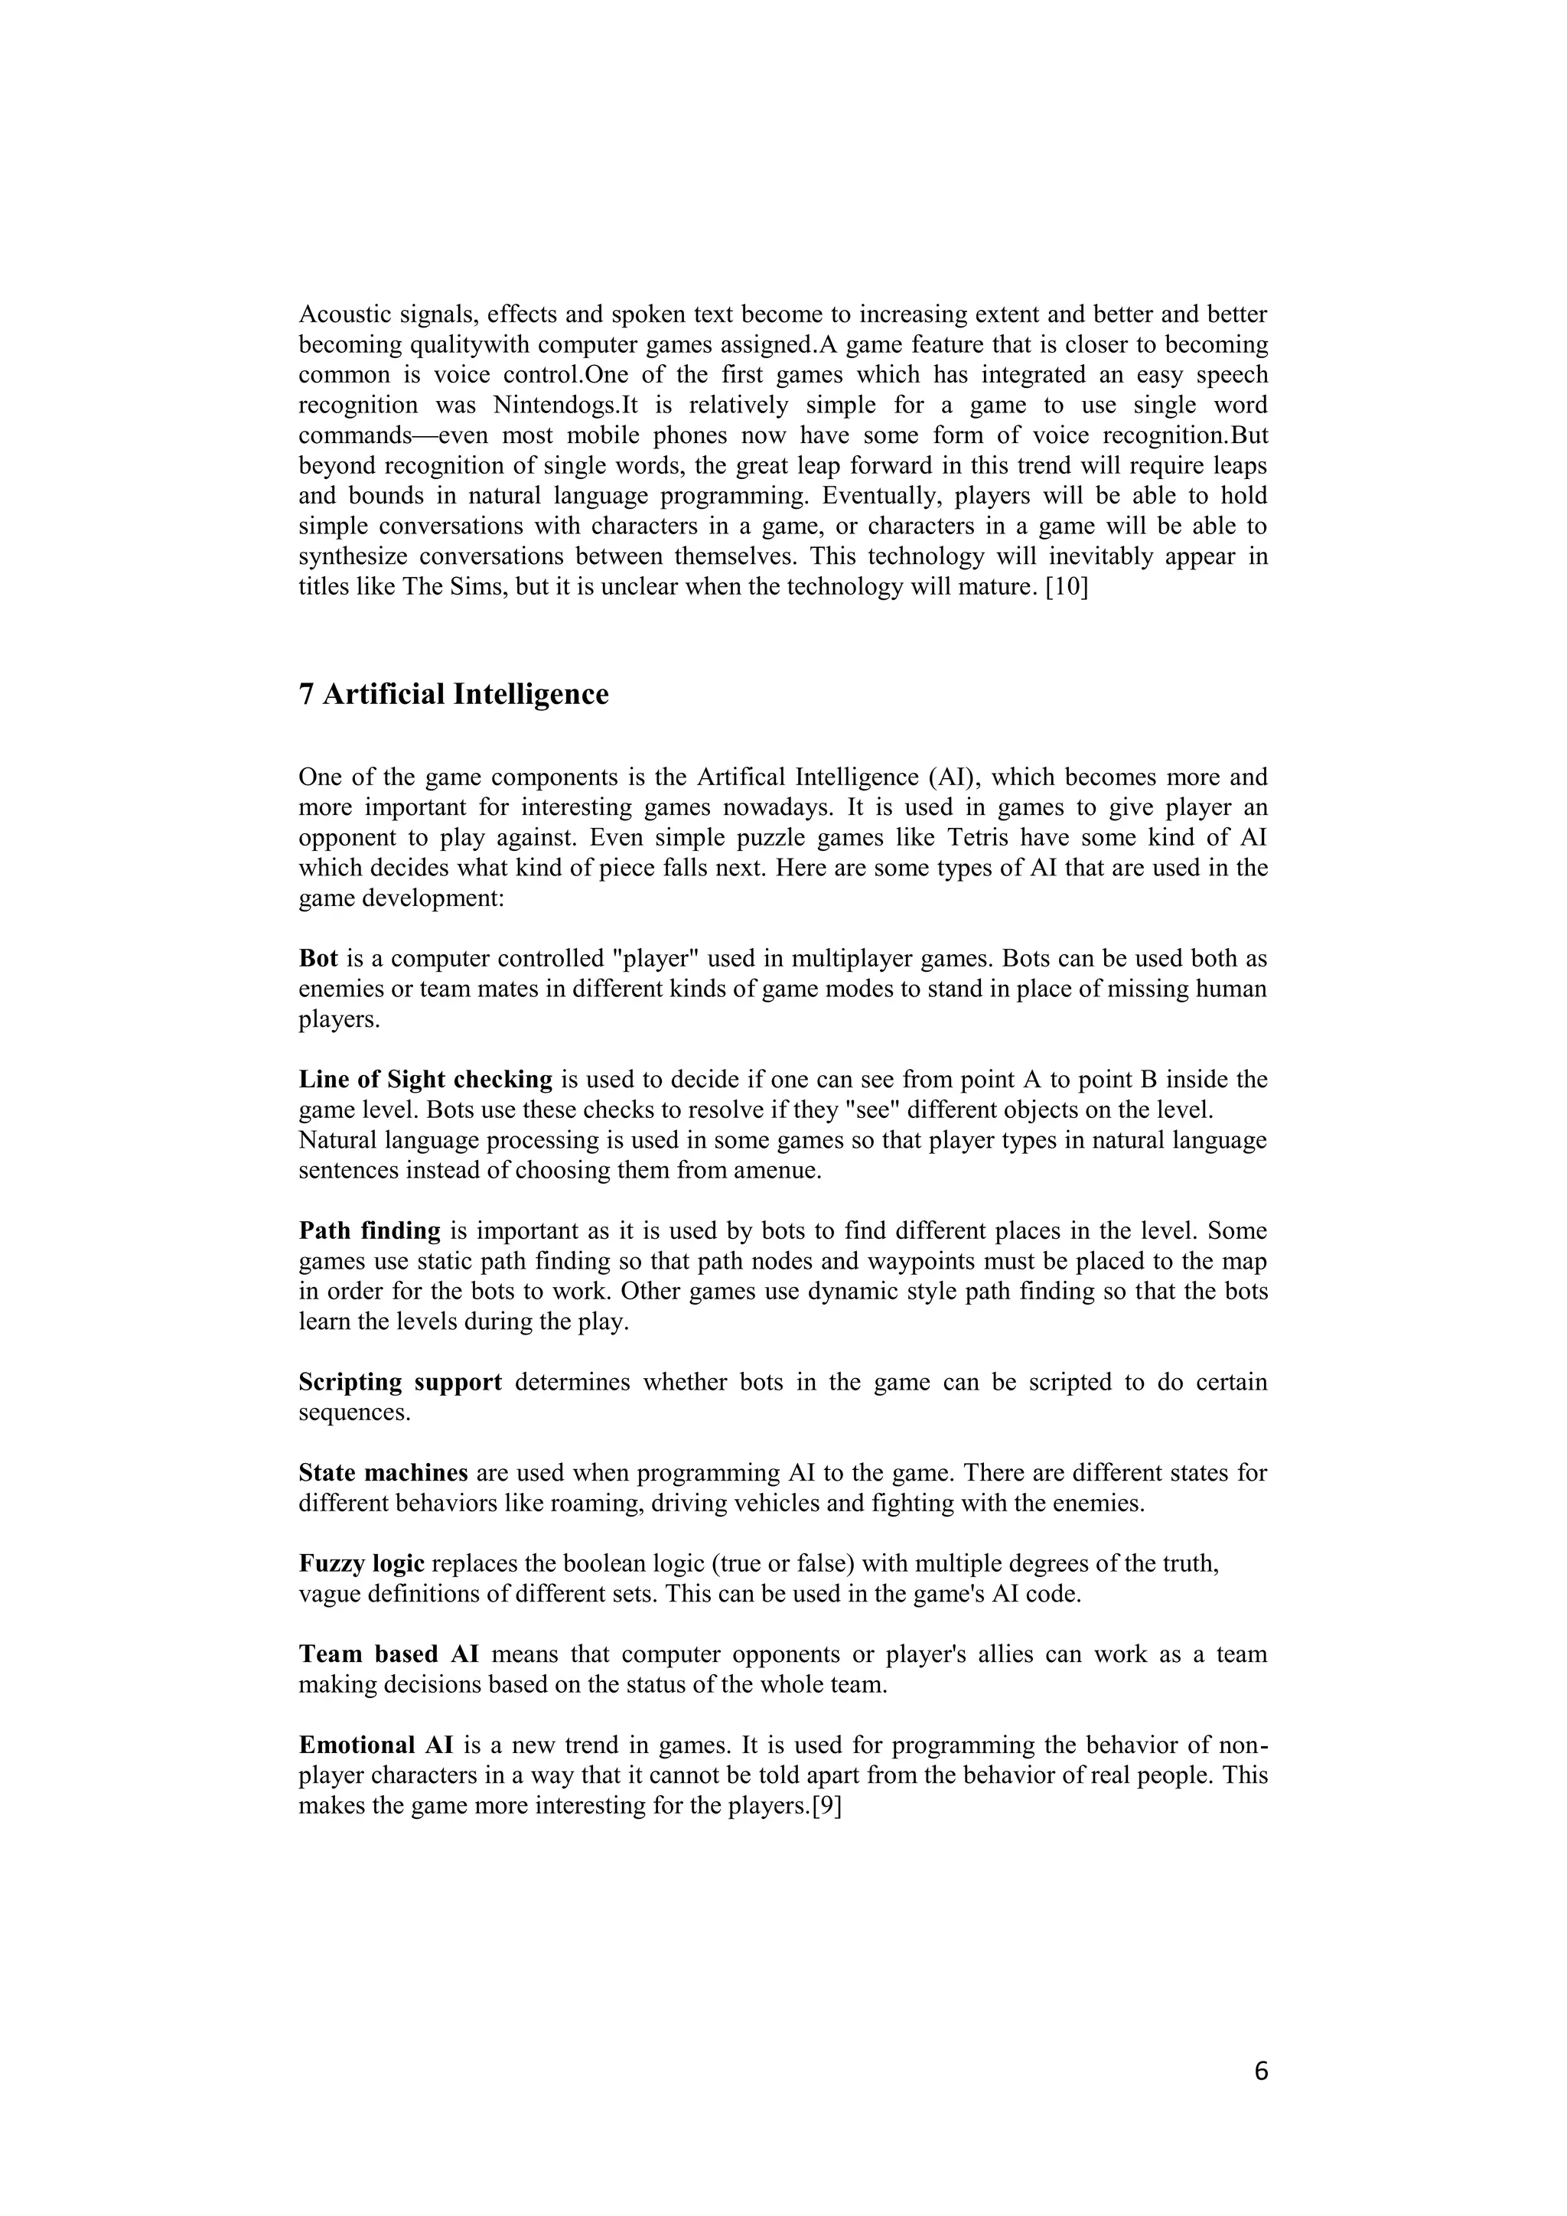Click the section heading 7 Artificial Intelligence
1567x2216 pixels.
click(x=454, y=695)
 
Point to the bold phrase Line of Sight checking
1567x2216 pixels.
click(x=425, y=1080)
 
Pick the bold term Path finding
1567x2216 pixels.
click(x=370, y=1231)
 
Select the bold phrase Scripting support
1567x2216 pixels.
click(x=400, y=1383)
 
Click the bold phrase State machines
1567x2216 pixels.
click(x=383, y=1474)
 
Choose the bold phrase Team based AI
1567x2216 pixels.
click(x=389, y=1655)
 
